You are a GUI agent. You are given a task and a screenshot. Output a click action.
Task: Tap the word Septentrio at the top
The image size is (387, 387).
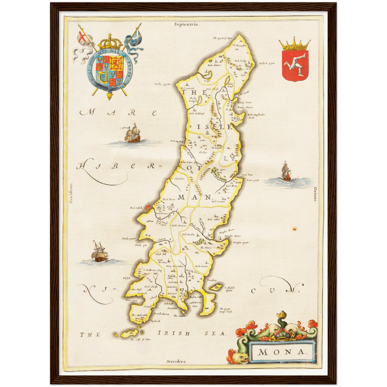187,24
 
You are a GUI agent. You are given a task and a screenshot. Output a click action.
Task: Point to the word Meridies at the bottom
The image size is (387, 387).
176,361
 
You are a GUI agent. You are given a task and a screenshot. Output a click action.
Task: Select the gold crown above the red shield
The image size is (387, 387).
295,44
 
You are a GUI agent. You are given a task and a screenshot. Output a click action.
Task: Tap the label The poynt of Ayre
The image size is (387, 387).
223,38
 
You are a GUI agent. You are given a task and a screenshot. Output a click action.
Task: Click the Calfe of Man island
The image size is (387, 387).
128,335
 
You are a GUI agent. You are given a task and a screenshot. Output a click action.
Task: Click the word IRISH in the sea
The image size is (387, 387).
174,333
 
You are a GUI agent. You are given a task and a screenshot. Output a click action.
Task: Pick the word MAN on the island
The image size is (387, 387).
195,197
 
